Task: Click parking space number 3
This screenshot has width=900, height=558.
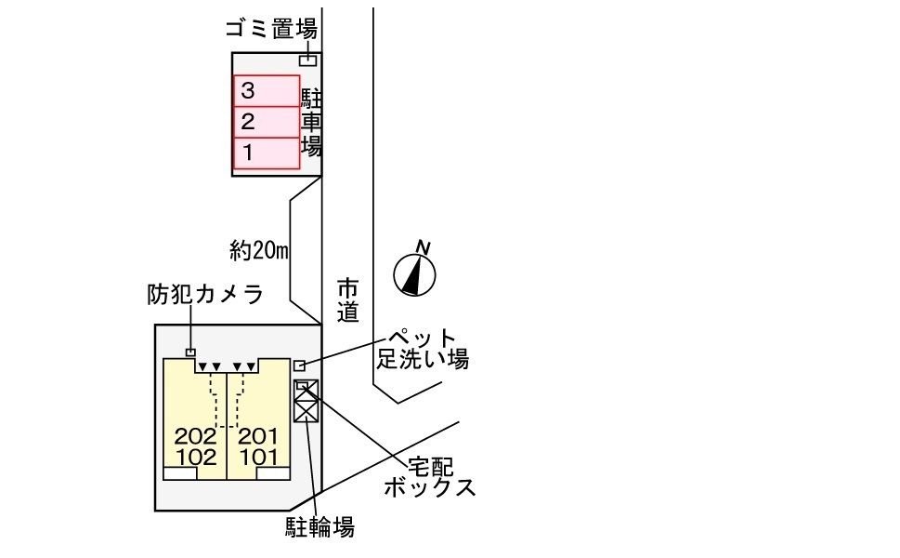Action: click(266, 91)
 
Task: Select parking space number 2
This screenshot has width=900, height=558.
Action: click(266, 121)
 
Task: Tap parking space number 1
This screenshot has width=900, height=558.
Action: click(266, 151)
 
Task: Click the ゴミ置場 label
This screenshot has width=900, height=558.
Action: click(271, 30)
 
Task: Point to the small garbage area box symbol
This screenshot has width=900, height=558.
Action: click(307, 60)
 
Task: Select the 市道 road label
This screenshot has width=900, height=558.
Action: click(347, 300)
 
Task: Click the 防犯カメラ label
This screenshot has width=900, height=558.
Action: click(204, 295)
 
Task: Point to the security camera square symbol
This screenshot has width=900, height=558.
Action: click(190, 352)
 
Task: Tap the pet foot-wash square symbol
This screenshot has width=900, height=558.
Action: click(299, 365)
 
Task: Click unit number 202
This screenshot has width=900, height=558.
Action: click(194, 436)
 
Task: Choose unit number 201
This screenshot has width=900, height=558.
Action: click(259, 436)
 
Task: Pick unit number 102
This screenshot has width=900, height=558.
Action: click(194, 457)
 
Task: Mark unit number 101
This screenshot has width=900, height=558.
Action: click(259, 457)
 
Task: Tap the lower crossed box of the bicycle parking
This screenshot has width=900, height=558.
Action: click(306, 409)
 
